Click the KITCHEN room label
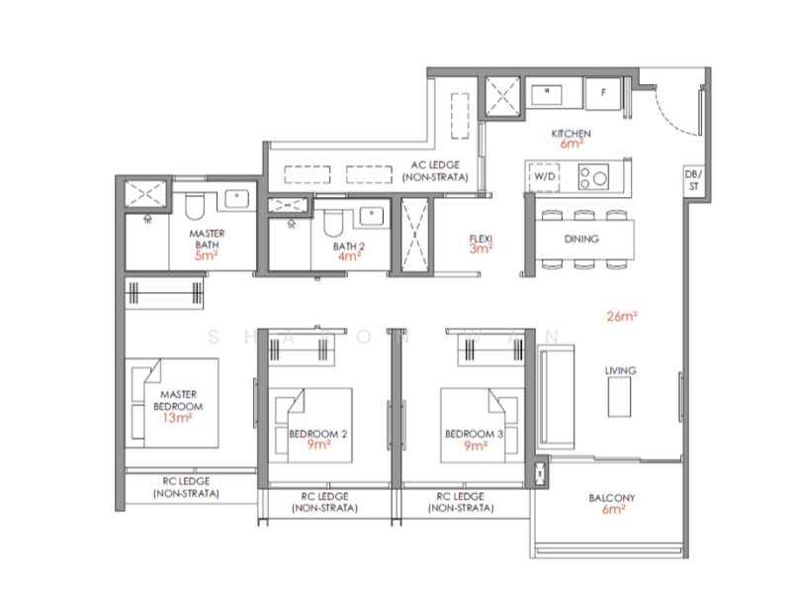point(571,133)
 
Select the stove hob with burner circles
point(593,177)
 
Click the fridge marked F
point(602,94)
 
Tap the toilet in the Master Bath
point(194,206)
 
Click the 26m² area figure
point(622,317)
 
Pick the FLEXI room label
point(481,239)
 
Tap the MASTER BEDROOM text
point(178,401)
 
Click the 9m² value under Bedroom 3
point(475,446)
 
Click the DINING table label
point(581,239)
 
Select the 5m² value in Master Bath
point(206,255)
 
